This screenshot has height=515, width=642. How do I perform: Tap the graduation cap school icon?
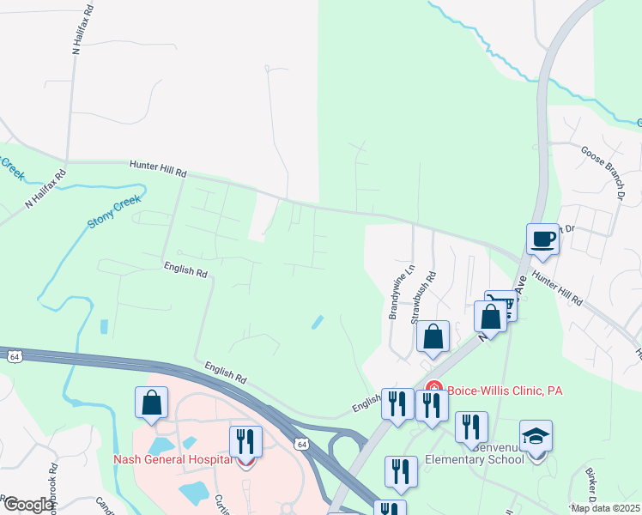(x=536, y=436)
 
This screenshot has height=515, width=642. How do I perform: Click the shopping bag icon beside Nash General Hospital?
(x=151, y=403)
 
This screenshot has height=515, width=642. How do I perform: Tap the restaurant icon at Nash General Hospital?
(x=245, y=441)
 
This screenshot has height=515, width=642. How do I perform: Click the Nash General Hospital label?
(x=172, y=458)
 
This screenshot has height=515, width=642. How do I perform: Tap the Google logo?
(x=29, y=505)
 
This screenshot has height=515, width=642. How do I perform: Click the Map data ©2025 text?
(x=604, y=508)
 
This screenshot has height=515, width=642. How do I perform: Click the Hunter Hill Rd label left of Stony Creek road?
(x=159, y=168)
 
